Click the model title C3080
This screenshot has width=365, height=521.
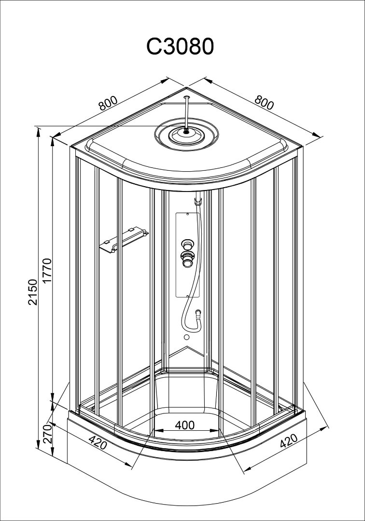180,46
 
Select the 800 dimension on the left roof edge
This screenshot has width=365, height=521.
108,103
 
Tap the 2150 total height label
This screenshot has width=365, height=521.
33,292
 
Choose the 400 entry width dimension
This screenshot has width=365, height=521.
185,425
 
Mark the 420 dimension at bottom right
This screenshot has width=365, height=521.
289,441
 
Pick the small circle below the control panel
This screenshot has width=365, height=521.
186,337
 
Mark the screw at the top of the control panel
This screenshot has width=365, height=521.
188,215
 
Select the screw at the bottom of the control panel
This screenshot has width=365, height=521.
188,295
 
